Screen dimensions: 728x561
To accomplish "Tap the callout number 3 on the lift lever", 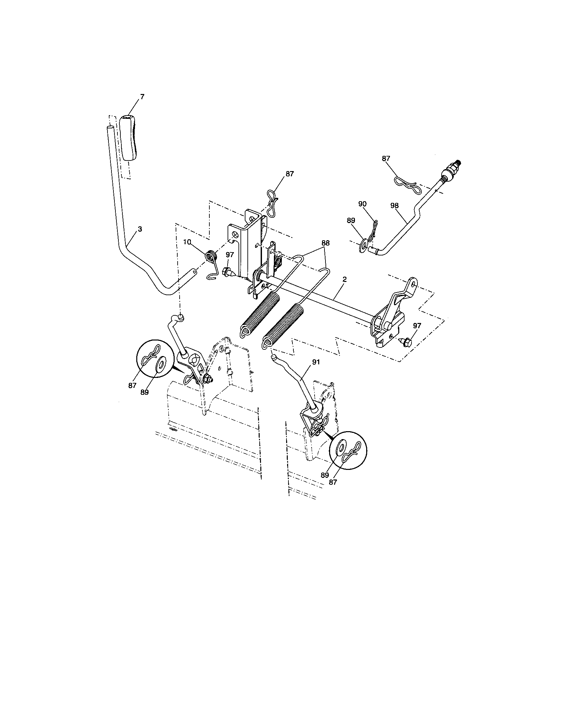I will coord(140,229).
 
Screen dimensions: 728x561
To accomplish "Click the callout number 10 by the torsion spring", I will coord(187,242).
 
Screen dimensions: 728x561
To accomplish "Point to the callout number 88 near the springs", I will coord(325,243).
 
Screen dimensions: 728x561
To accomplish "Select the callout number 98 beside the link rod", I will coord(394,206).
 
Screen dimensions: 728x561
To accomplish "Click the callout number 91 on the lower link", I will coord(316,362).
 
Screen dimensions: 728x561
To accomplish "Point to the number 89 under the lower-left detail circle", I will coord(144,392).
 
